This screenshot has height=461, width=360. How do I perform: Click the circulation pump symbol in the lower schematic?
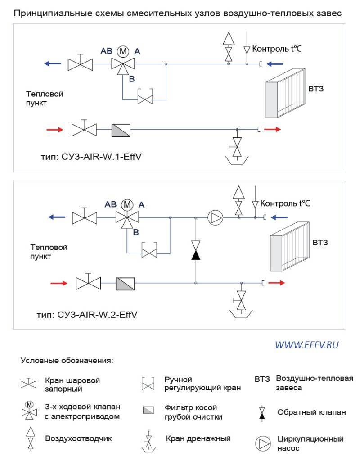[x=215, y=217]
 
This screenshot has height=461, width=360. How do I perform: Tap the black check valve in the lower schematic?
[x=196, y=250]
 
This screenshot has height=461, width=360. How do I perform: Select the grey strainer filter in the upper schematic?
[x=121, y=130]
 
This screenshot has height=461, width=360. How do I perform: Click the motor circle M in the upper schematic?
[x=123, y=51]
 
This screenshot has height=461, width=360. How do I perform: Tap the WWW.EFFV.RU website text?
[x=307, y=345]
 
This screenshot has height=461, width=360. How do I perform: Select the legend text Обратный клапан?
[x=311, y=412]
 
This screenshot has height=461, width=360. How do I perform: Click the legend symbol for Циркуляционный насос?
[x=263, y=443]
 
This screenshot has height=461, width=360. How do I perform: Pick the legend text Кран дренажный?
[x=198, y=438]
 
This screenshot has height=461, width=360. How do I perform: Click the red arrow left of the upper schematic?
[x=55, y=130]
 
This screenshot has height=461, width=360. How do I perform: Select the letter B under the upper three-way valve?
[x=132, y=79]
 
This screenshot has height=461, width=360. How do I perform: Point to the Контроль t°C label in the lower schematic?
[x=285, y=203]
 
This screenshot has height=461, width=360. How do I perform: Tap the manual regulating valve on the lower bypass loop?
[x=149, y=250]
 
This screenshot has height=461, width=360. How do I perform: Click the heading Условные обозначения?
[x=67, y=361]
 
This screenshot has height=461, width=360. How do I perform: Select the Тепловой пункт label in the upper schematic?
[x=45, y=99]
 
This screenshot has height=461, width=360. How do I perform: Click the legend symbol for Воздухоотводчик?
[x=31, y=438]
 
